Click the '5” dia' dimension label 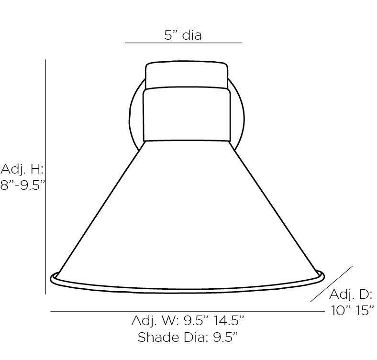[x=183, y=35]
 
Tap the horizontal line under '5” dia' [x=183, y=43]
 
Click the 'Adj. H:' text [x=22, y=169]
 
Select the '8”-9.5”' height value [x=22, y=185]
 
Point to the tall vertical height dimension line [x=45, y=177]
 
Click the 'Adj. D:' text [x=351, y=294]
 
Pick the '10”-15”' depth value [x=353, y=310]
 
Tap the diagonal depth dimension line [x=332, y=284]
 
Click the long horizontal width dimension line [x=187, y=312]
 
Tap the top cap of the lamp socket [x=187, y=75]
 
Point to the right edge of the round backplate [x=244, y=115]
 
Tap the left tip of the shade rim [x=52, y=276]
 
